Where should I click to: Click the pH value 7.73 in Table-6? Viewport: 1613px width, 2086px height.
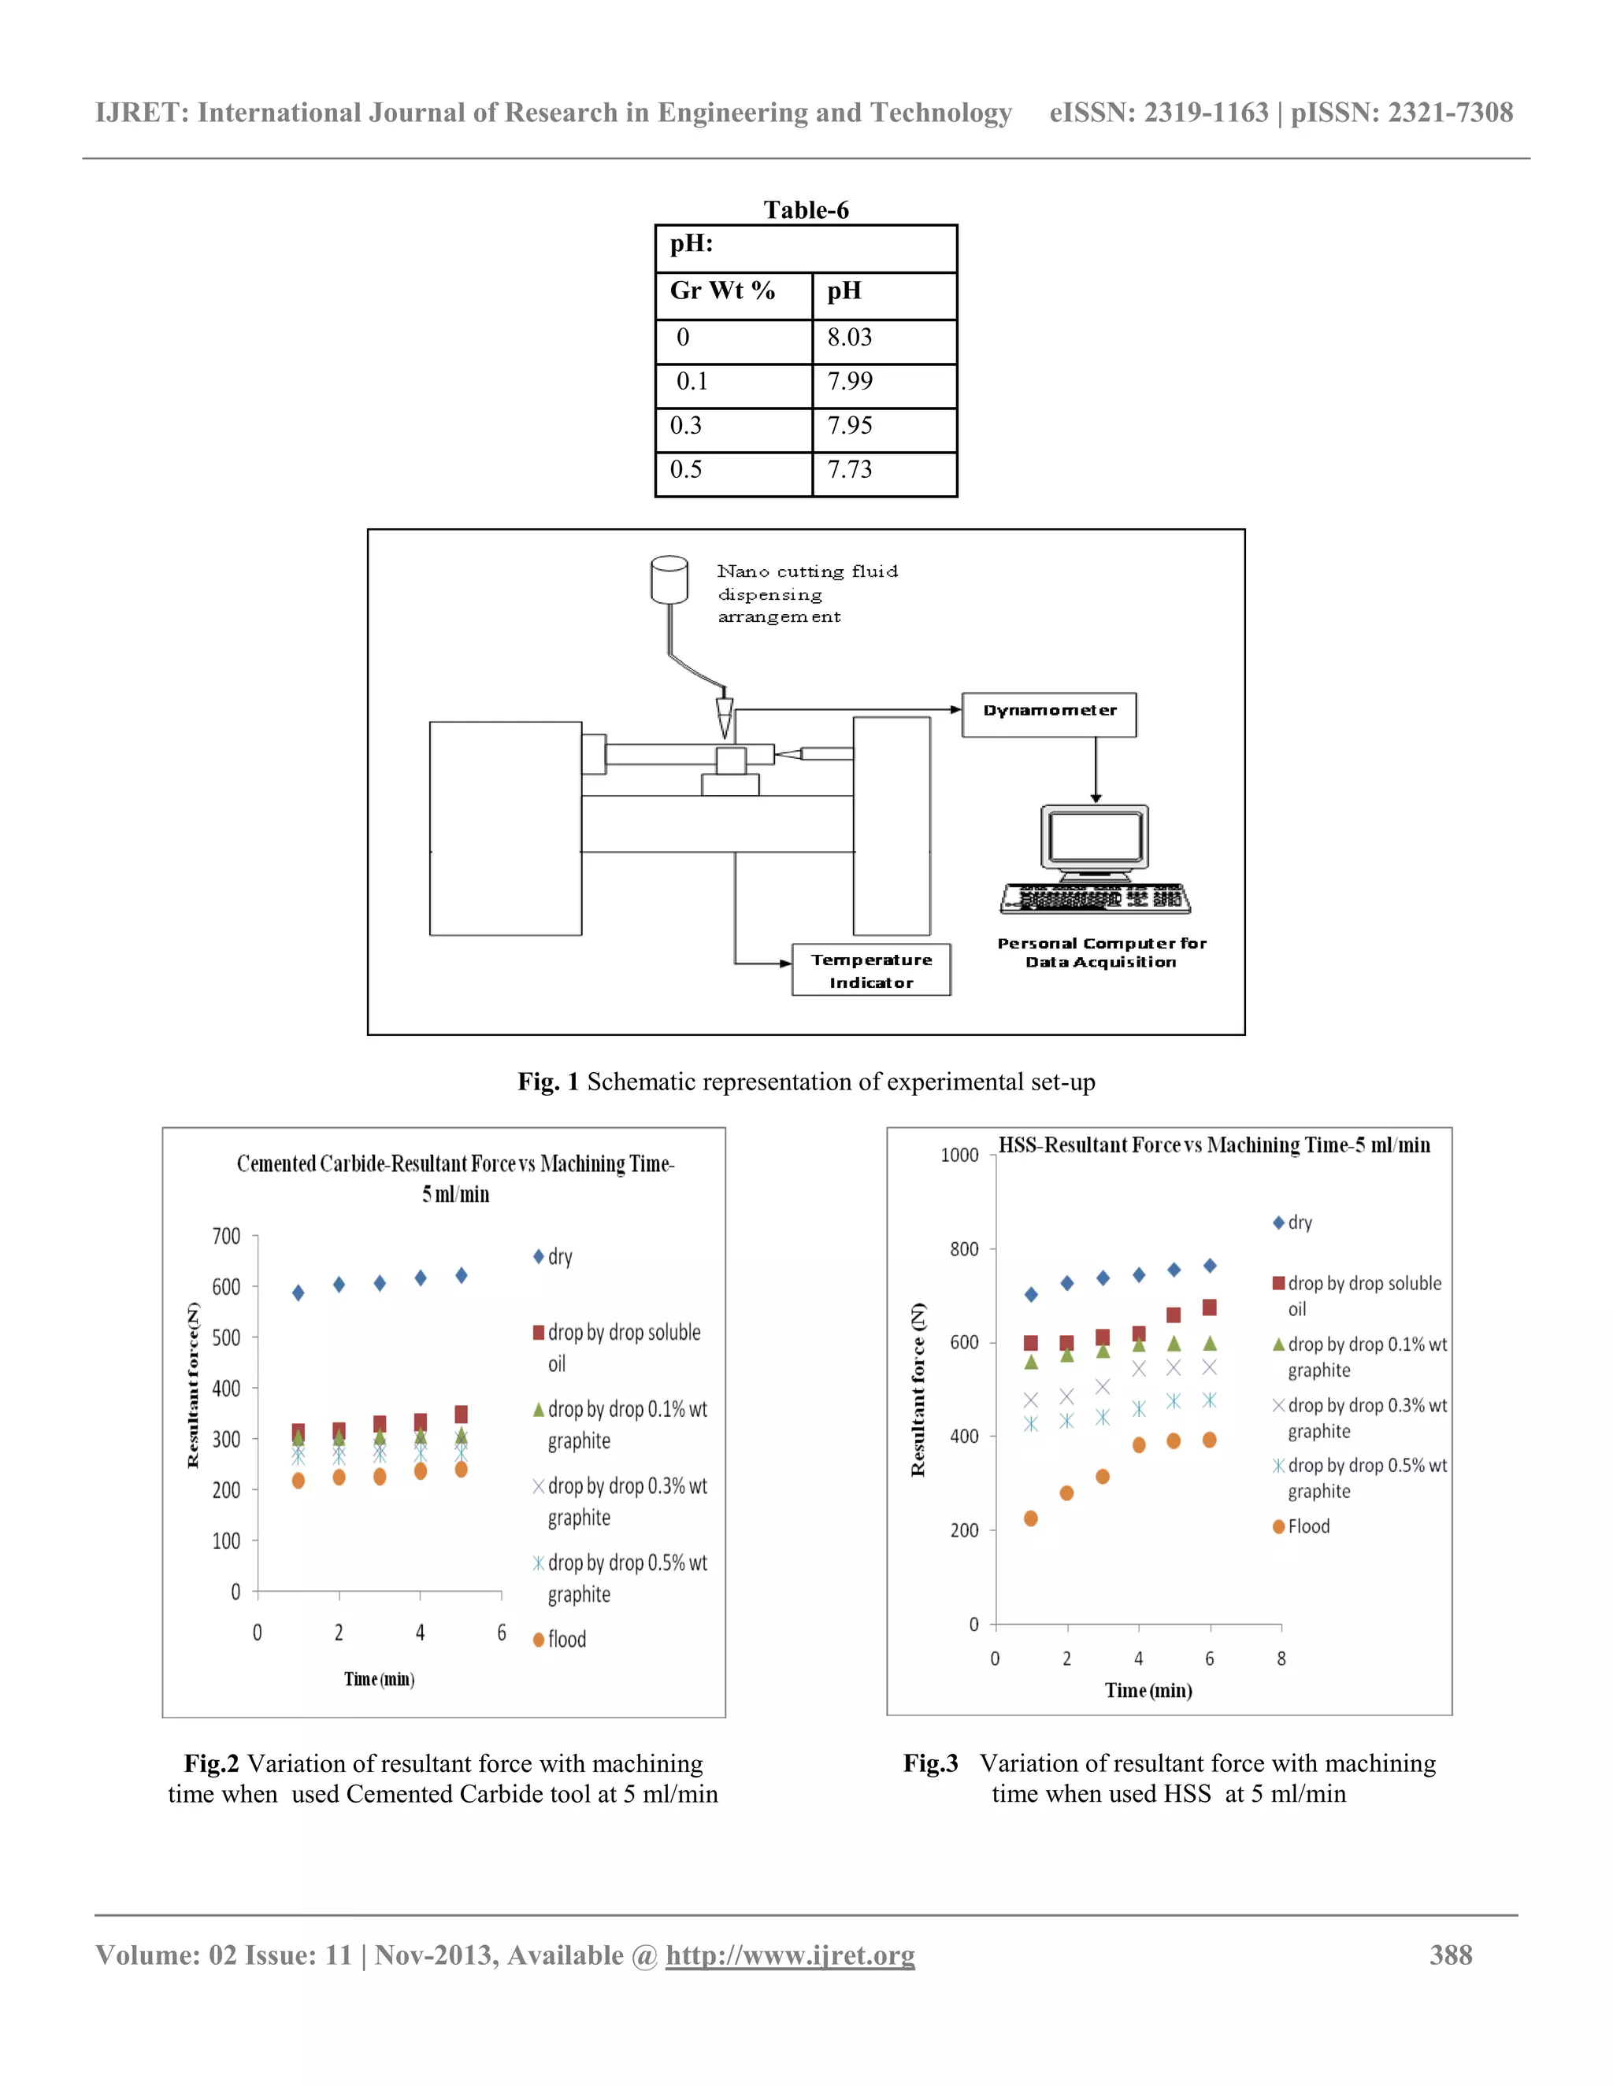click(850, 469)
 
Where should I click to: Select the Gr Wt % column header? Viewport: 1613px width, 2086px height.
click(721, 290)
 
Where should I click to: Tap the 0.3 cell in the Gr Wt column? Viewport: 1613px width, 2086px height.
click(686, 425)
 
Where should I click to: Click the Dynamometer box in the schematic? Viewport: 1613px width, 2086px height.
click(1048, 715)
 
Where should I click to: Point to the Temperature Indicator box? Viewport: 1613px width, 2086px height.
click(870, 971)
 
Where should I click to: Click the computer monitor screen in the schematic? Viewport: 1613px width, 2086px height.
click(1095, 837)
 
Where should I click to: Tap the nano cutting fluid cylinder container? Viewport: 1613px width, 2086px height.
click(669, 579)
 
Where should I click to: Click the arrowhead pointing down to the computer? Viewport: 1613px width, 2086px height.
click(1096, 797)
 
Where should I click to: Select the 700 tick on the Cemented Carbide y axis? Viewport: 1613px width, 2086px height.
click(227, 1236)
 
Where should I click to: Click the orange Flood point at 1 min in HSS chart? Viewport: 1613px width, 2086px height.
click(1030, 1518)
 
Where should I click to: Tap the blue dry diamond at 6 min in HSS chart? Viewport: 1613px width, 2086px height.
click(1210, 1266)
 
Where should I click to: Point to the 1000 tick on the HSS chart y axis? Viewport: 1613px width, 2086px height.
click(959, 1155)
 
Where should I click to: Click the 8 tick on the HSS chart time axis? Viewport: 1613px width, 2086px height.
click(1281, 1659)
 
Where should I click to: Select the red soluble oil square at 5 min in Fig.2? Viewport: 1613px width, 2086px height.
click(461, 1415)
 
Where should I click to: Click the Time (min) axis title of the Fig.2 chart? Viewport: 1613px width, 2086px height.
click(380, 1679)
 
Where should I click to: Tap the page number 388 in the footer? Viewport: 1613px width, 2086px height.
click(1450, 1955)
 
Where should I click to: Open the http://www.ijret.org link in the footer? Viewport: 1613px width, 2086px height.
click(789, 1955)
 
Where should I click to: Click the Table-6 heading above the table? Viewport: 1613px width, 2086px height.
click(806, 209)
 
